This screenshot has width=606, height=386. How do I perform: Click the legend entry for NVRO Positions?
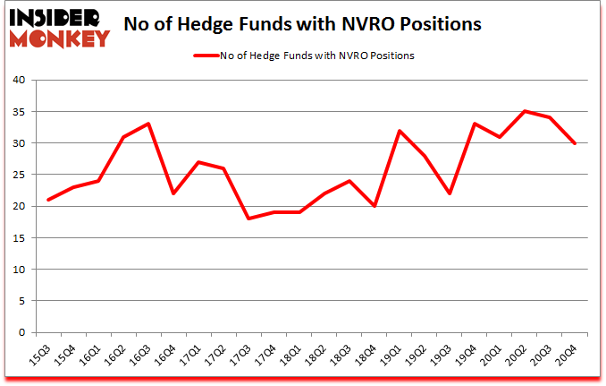(304, 56)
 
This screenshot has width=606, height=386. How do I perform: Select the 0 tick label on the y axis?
(26, 333)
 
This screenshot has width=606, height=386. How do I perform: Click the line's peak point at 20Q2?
(525, 111)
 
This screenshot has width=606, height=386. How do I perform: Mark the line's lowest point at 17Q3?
(248, 219)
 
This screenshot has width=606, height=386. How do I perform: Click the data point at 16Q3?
(148, 124)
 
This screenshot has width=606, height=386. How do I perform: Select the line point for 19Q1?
(399, 131)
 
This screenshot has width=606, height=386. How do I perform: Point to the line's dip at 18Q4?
(374, 206)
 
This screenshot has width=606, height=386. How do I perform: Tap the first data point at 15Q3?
(47, 200)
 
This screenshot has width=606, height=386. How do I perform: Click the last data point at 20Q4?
(575, 143)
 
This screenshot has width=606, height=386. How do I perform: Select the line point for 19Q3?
(449, 193)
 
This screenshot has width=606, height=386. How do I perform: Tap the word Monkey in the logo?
(59, 37)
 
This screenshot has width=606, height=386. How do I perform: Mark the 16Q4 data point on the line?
(173, 193)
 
